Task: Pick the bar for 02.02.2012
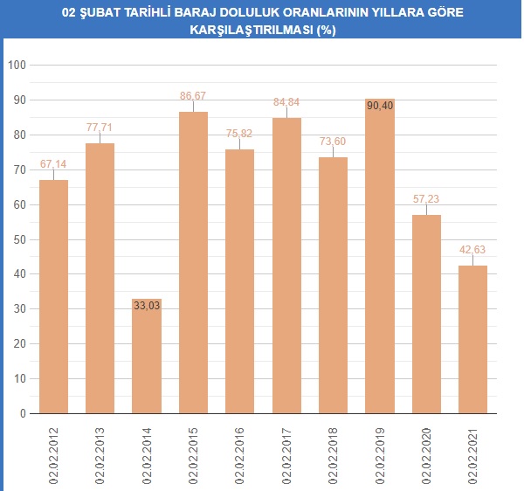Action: [53, 297]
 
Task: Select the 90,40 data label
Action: [380, 106]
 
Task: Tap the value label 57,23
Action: [426, 198]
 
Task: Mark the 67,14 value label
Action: [53, 163]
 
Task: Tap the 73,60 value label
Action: [333, 141]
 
